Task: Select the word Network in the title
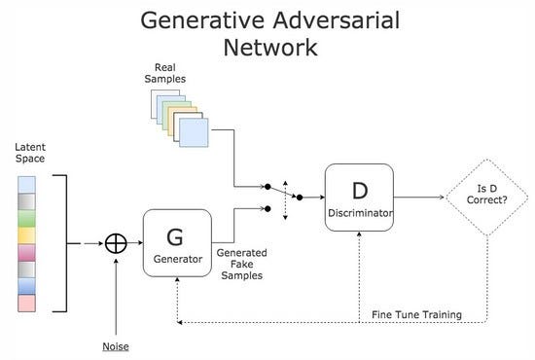coord(267,48)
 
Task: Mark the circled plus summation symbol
coord(117,243)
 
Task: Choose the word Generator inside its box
coord(176,260)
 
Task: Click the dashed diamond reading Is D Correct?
coord(485,198)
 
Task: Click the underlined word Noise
coord(116,346)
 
